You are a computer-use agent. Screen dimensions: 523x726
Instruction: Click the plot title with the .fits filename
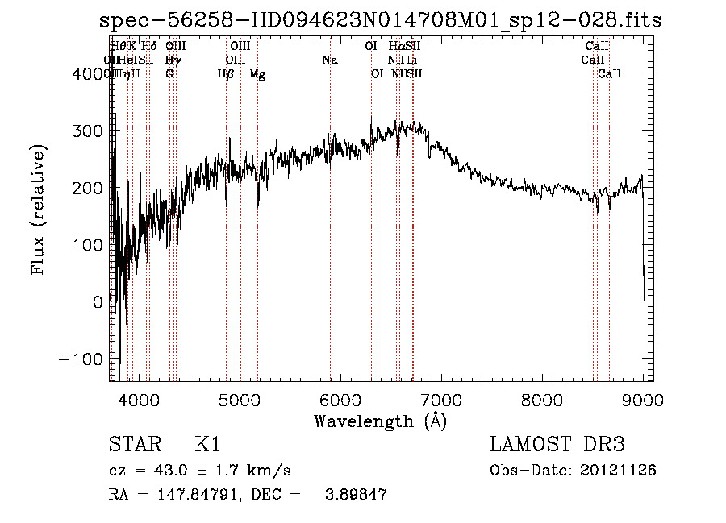[380, 20]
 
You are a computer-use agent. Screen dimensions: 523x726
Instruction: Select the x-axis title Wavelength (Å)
[380, 421]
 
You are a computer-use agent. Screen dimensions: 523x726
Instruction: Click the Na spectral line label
[329, 60]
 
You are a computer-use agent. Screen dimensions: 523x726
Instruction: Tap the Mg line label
[257, 74]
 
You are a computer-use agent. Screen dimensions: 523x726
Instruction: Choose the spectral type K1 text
[207, 445]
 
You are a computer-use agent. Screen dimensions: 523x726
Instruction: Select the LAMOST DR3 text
[557, 445]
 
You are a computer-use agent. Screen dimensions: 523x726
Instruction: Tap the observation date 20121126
[617, 471]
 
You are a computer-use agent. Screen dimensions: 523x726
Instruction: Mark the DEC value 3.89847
[353, 496]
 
